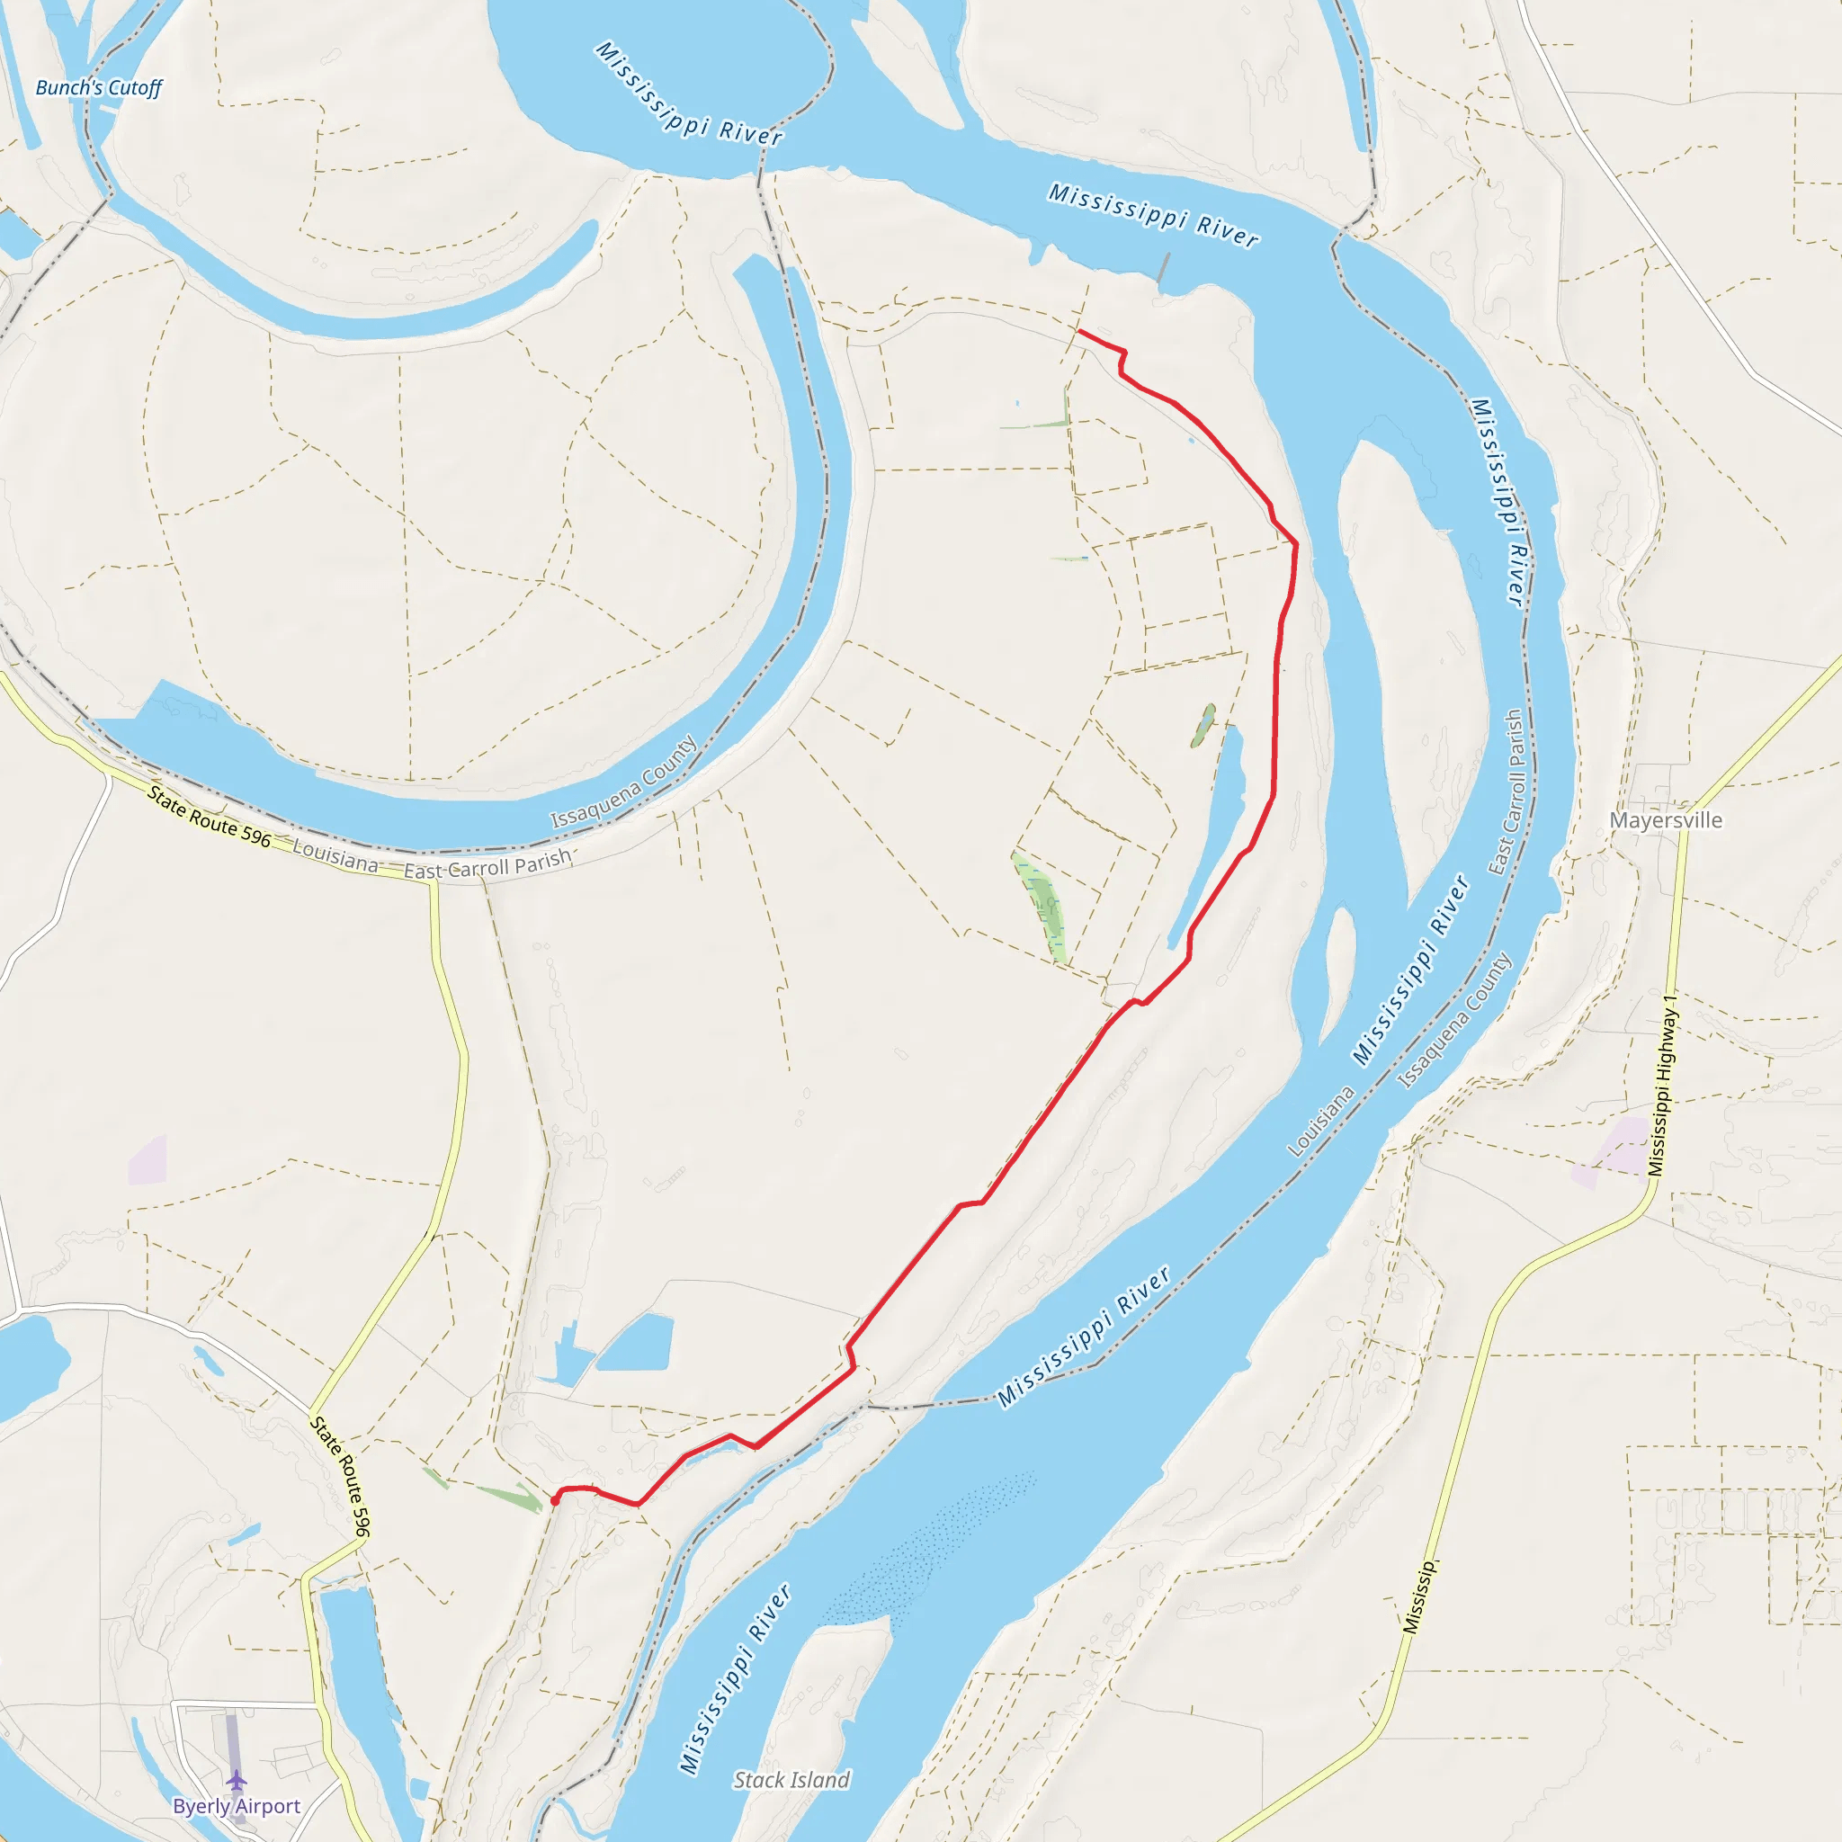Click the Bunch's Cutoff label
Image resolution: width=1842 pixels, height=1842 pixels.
[x=98, y=88]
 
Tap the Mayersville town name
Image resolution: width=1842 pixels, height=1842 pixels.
[x=1666, y=820]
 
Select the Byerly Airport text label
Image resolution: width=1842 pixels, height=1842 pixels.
[x=237, y=1806]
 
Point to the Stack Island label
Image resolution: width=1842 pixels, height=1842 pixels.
[x=791, y=1779]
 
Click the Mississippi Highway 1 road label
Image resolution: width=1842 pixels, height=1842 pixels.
[x=1663, y=1086]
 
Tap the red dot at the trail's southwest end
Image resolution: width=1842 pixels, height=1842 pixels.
[x=555, y=1502]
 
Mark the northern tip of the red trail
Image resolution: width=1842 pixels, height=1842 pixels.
[x=1079, y=331]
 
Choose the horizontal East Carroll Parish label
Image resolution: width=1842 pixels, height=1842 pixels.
[x=487, y=863]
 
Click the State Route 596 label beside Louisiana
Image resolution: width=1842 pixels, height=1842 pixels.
[x=209, y=816]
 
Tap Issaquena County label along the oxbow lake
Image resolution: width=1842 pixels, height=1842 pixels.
[x=624, y=782]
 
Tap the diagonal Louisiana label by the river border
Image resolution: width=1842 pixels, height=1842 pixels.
[x=1321, y=1122]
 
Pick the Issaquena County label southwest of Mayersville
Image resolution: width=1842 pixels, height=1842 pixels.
[x=1455, y=1021]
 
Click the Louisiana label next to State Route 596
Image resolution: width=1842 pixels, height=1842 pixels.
[x=335, y=855]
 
